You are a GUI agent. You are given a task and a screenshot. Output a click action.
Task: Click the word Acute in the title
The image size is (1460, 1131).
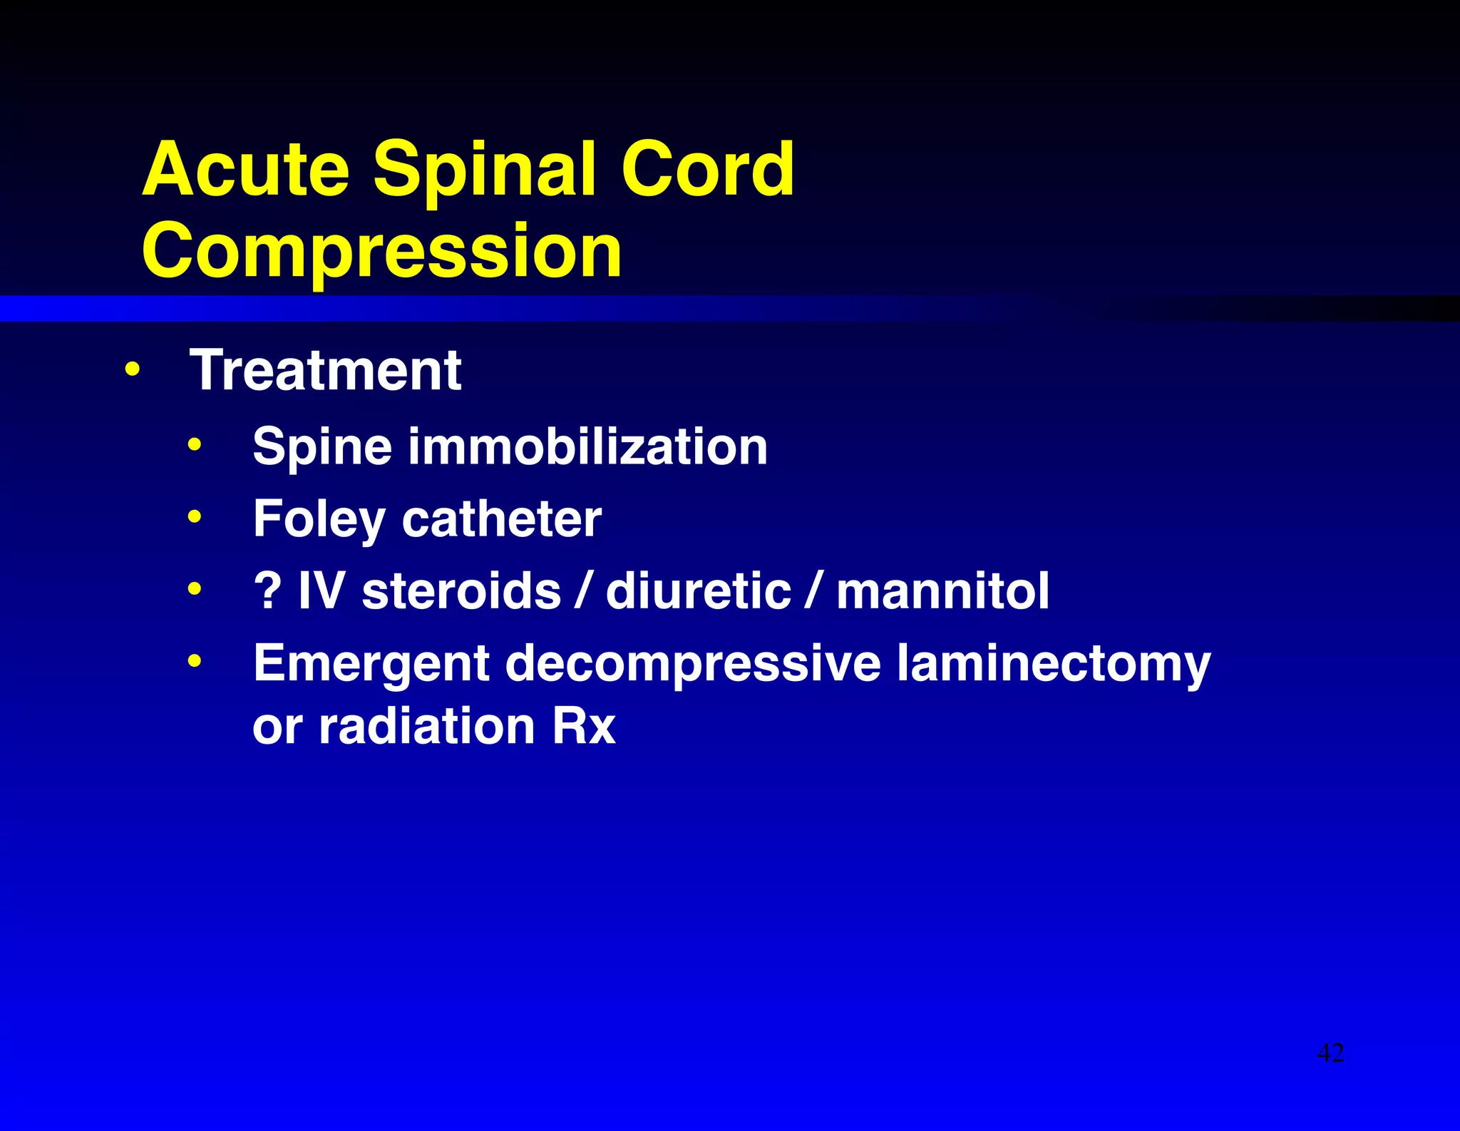(245, 170)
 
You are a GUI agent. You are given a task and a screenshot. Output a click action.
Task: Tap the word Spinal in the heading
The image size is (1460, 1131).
(485, 170)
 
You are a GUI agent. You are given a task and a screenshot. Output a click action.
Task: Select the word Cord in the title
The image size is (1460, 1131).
(707, 170)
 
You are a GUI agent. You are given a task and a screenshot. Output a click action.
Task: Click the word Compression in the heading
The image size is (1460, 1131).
(381, 251)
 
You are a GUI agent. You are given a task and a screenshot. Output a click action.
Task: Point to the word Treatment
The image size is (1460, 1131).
(325, 371)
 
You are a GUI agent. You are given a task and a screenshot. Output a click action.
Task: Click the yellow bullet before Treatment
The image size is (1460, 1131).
(132, 370)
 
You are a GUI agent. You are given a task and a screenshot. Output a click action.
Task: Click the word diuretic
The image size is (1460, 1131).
(698, 591)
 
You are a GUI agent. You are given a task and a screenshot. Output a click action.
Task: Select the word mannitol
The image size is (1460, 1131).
(942, 591)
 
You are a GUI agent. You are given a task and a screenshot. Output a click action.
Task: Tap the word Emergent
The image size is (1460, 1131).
(371, 664)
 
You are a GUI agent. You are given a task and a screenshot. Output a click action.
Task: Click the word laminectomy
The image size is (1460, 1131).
(1053, 664)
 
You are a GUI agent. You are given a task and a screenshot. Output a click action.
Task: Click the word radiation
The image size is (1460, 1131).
(426, 727)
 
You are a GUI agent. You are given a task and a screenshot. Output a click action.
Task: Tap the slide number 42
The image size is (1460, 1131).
(1330, 1053)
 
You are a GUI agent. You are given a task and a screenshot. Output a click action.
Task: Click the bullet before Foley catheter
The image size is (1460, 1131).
(195, 516)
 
